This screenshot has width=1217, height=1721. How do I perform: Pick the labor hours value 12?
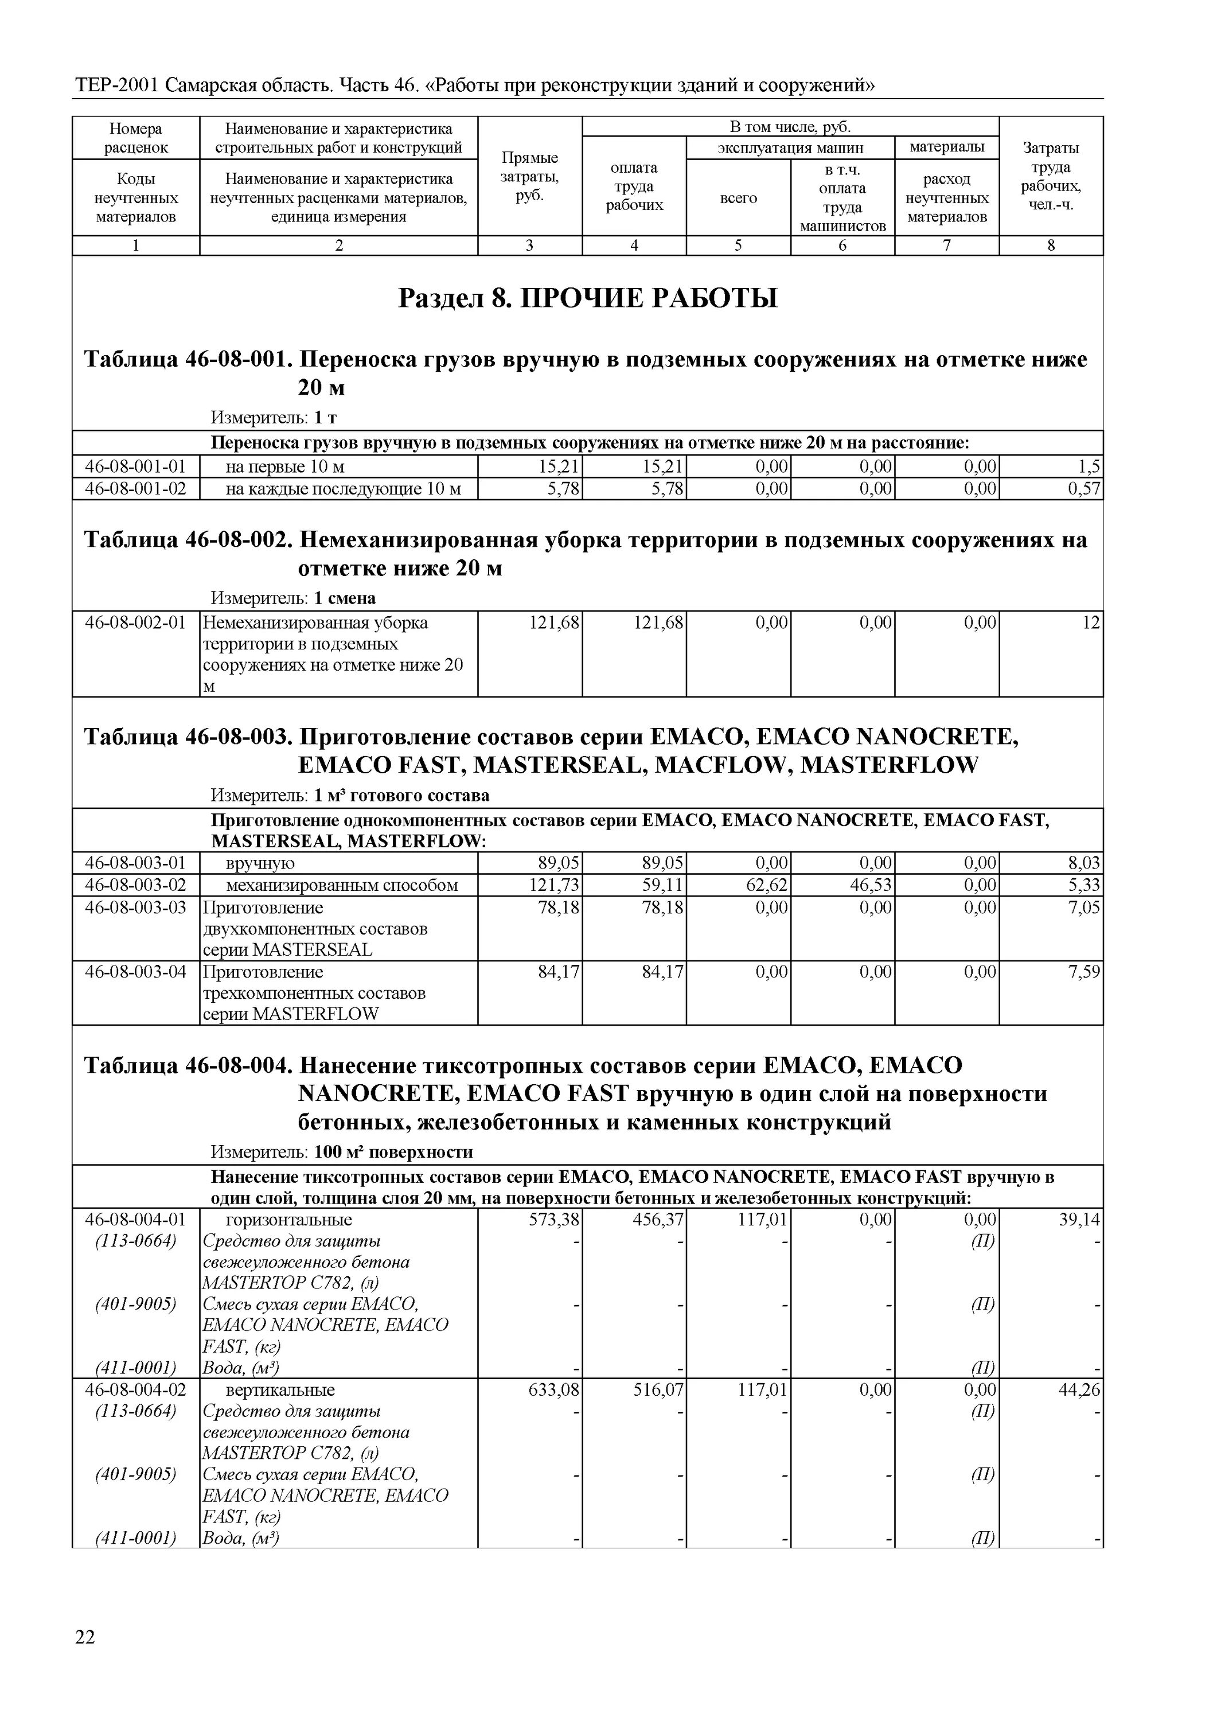[1091, 622]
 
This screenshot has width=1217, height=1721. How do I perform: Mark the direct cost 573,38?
[555, 1220]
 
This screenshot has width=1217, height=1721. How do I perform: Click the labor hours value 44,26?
[1080, 1389]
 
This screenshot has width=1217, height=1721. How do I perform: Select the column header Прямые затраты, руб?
[530, 177]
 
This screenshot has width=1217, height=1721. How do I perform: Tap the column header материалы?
[946, 147]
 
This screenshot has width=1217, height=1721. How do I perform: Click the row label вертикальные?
[280, 1389]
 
